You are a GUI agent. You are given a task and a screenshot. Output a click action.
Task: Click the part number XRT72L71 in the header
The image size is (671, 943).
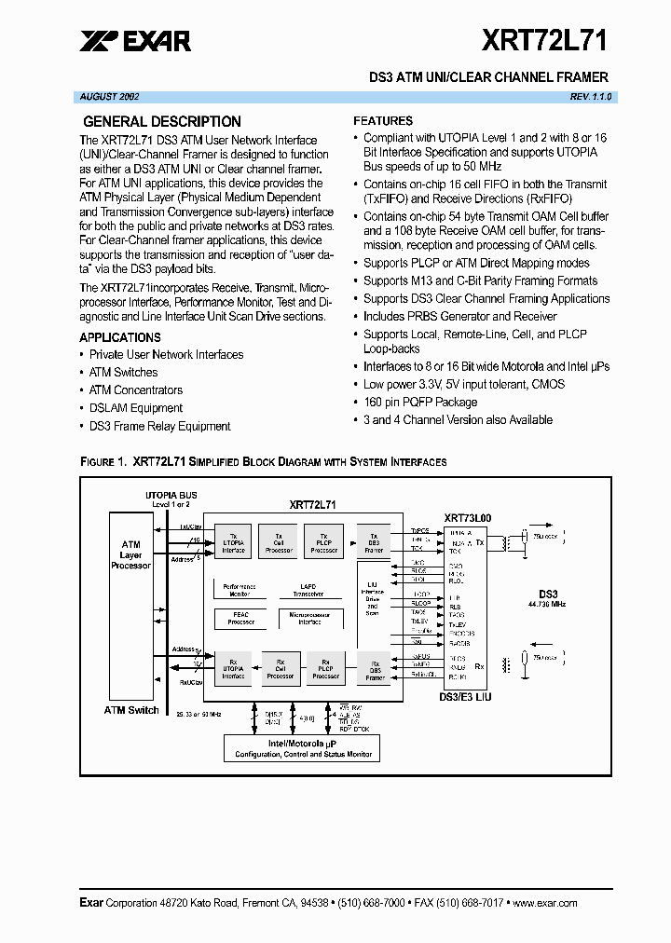[x=545, y=40]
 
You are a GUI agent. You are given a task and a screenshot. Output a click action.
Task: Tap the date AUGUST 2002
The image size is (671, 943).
[x=106, y=97]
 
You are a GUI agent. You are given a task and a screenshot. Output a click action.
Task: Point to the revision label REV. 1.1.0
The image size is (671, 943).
[x=590, y=97]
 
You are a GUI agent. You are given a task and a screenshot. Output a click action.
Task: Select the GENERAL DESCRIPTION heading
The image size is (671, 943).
[x=162, y=121]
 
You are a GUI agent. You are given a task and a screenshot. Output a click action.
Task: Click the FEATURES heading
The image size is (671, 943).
[x=383, y=121]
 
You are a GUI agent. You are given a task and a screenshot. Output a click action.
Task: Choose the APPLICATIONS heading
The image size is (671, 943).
[x=120, y=337]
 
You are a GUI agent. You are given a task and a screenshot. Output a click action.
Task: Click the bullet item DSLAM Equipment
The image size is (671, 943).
[x=136, y=408]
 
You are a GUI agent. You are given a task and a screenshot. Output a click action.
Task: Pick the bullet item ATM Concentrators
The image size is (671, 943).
[x=136, y=390]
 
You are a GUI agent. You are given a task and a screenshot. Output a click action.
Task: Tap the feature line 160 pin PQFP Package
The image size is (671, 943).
[x=420, y=403]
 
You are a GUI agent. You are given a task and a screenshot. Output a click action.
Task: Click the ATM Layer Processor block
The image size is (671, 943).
[x=131, y=554]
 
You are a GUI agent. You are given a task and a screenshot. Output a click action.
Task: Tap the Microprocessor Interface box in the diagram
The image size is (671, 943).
[x=309, y=618]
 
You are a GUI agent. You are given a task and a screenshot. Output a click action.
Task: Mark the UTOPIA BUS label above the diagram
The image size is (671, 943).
[x=171, y=495]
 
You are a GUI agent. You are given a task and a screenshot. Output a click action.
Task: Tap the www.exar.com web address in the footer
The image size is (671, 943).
[x=546, y=903]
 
